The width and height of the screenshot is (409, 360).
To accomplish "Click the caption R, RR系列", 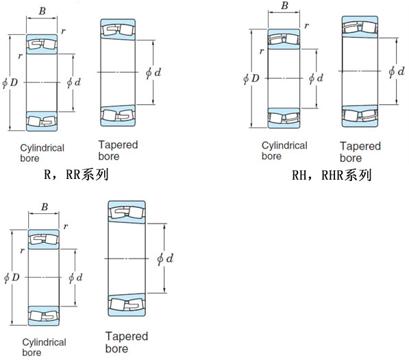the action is [x=76, y=174].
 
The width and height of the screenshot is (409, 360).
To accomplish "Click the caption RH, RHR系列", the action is [x=332, y=175].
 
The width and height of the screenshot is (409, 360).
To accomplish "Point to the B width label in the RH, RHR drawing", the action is [x=284, y=5].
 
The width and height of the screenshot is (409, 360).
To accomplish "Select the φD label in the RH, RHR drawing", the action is [x=251, y=78].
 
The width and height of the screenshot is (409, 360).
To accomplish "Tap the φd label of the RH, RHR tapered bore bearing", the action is [x=396, y=71].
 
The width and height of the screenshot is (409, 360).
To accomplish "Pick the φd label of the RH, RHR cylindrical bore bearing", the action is [x=316, y=78].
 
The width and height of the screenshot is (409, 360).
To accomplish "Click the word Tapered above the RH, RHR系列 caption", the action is [x=360, y=146].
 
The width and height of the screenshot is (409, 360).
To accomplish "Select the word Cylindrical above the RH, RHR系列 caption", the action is [x=284, y=145].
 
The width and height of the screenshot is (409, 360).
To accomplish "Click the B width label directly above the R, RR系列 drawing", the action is [x=42, y=11].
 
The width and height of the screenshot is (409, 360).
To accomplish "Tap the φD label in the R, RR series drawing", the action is [x=10, y=83].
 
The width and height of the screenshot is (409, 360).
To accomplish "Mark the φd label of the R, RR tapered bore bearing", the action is [x=153, y=73].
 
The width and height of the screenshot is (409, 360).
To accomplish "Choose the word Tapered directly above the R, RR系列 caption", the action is [x=118, y=145].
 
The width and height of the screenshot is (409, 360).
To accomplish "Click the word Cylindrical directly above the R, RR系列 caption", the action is [x=42, y=148].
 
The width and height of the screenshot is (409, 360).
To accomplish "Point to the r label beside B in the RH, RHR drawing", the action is [x=307, y=25].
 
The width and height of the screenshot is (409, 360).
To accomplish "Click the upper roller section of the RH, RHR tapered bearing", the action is [x=360, y=27].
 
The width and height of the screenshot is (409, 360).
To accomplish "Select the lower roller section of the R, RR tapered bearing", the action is [x=118, y=116].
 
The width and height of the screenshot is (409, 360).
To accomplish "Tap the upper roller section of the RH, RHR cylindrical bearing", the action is [x=284, y=39].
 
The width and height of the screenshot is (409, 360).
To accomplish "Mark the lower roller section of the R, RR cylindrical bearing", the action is [x=42, y=121].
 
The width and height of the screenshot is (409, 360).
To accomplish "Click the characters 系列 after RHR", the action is [x=358, y=175].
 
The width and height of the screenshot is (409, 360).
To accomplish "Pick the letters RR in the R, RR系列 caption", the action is [x=73, y=174].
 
